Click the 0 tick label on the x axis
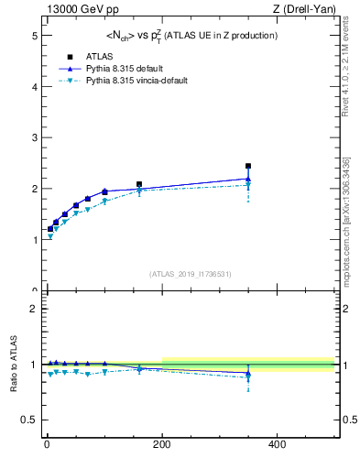click(x=46, y=444)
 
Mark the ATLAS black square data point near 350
click(x=248, y=166)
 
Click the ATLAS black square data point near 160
click(x=139, y=184)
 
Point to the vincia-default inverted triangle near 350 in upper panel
click(x=248, y=186)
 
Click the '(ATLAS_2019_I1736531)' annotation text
click(x=190, y=274)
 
